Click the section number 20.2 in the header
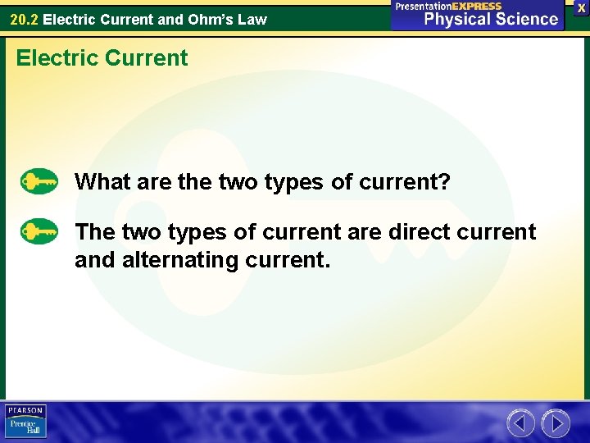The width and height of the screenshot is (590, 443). tap(24, 19)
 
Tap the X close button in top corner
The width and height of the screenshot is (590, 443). tap(581, 7)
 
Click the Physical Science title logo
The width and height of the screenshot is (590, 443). tap(491, 20)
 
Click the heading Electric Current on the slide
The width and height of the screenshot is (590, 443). tap(102, 58)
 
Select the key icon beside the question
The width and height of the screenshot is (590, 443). tap(39, 181)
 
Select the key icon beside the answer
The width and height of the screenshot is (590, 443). tap(39, 232)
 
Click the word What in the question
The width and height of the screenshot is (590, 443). tap(100, 181)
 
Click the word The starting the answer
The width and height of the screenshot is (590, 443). tap(95, 232)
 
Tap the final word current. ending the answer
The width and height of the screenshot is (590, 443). tap(293, 261)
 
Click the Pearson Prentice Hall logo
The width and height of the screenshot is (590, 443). tap(25, 422)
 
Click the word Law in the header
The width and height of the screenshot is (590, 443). tap(252, 19)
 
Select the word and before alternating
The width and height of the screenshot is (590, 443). tap(95, 261)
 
